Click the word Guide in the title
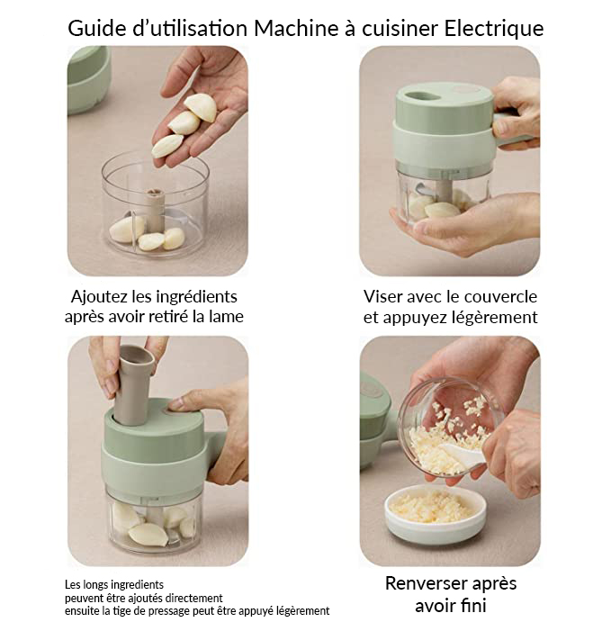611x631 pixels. pyautogui.click(x=96, y=29)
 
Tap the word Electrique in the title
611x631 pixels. pyautogui.click(x=494, y=29)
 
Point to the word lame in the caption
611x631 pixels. pyautogui.click(x=225, y=317)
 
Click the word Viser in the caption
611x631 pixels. pyautogui.click(x=384, y=296)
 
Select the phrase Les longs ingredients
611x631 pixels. pyautogui.click(x=113, y=584)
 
